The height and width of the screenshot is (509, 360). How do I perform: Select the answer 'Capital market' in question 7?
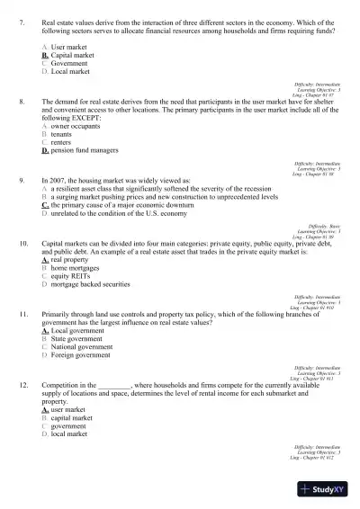72,55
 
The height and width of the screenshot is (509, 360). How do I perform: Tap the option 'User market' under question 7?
68,45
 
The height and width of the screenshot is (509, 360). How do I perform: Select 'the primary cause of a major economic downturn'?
121,205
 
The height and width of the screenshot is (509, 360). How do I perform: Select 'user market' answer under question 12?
71,409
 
